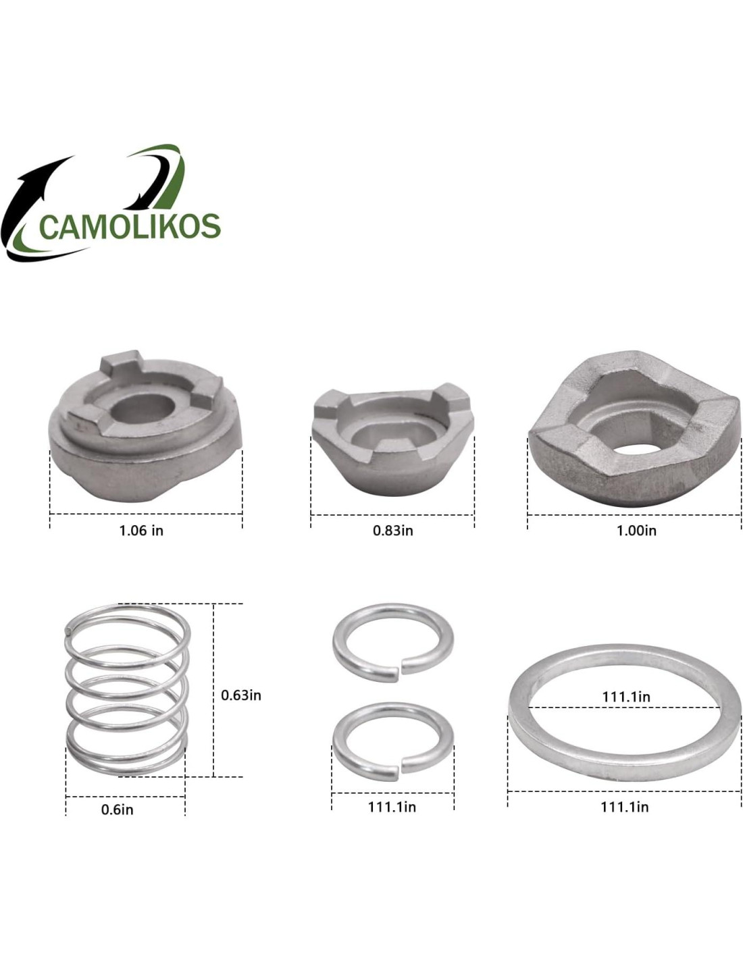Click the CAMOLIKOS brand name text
pyautogui.click(x=130, y=227)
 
